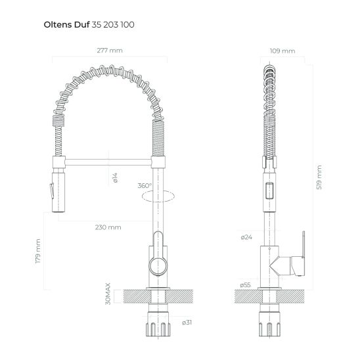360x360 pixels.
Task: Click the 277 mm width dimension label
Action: click(x=109, y=51)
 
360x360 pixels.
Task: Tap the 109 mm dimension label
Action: click(x=283, y=51)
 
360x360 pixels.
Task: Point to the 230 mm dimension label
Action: click(x=109, y=227)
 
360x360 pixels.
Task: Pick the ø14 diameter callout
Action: click(x=114, y=176)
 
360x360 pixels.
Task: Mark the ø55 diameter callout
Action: click(x=246, y=284)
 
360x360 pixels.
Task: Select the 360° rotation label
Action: click(x=145, y=185)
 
